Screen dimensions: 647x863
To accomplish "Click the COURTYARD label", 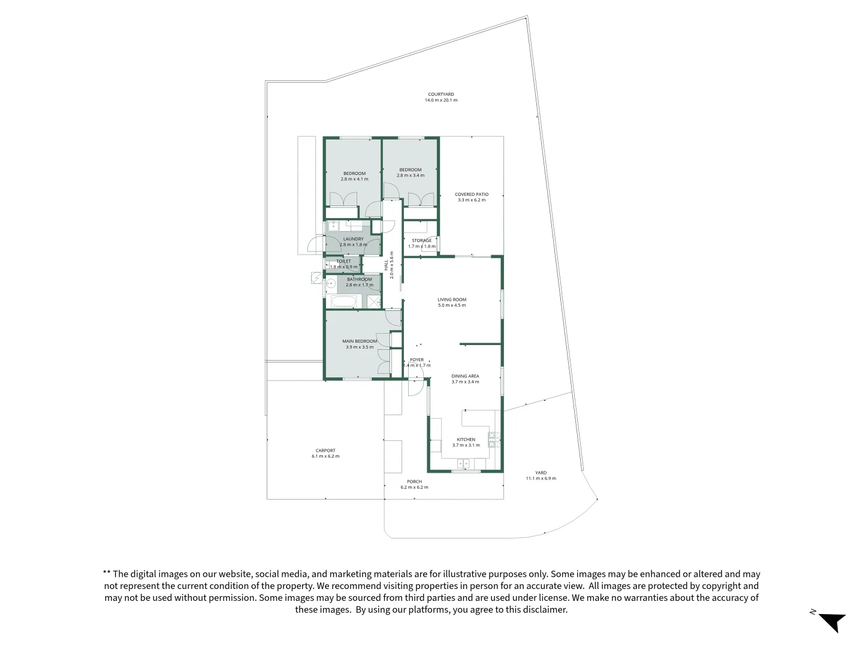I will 441,94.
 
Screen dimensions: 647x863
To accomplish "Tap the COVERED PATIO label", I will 472,194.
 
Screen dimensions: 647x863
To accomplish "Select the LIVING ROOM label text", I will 452,300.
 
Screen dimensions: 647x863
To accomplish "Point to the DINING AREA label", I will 465,376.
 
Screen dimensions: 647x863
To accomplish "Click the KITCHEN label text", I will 466,440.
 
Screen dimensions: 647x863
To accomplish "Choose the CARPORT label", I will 325,451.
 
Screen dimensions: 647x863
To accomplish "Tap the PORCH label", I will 414,482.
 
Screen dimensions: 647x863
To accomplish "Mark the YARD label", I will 541,473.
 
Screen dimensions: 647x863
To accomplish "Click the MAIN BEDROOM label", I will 360,341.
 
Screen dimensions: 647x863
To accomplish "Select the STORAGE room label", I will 421,241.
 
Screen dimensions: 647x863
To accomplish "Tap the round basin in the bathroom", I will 330,283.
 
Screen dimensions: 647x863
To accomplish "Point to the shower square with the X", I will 373,301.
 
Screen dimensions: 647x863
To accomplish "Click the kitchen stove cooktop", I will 494,440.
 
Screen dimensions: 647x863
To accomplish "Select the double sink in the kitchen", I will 463,463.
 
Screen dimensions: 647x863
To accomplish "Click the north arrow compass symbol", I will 831,621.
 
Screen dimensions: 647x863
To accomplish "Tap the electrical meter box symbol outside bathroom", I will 316,278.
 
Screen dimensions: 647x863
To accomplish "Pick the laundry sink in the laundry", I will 333,226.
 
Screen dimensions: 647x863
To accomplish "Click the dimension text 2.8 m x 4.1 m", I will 354,179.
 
